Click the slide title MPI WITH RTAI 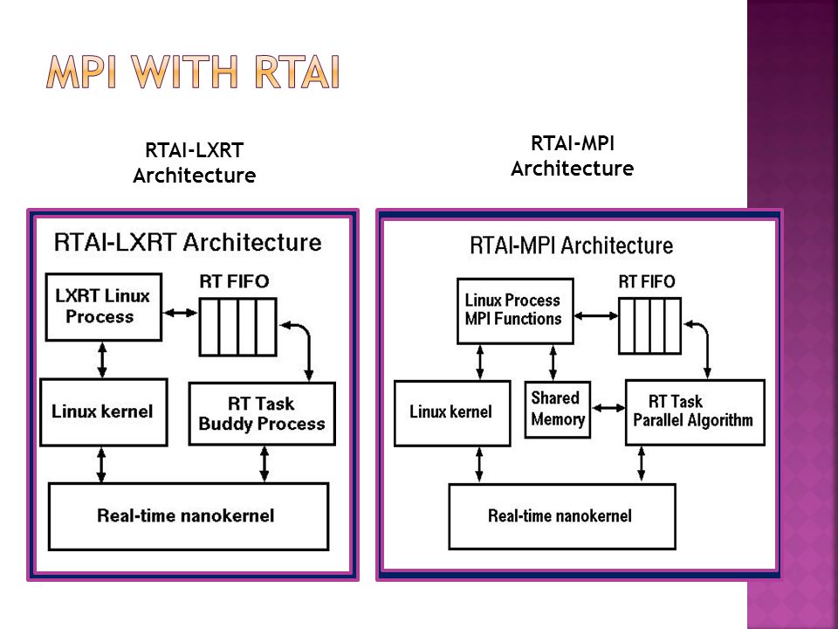[x=193, y=72]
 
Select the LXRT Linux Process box [x=104, y=307]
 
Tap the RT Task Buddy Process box [x=262, y=413]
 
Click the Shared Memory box [x=558, y=409]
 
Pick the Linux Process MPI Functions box [x=515, y=311]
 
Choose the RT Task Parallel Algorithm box [x=695, y=411]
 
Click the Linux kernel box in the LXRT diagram [x=104, y=411]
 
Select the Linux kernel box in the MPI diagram [x=452, y=413]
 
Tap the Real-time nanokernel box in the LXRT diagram [x=189, y=516]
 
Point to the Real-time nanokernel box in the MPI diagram [x=561, y=516]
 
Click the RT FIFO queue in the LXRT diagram [x=237, y=327]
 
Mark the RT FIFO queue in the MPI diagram [x=649, y=326]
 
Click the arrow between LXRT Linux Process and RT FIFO [x=180, y=313]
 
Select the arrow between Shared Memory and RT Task [x=608, y=408]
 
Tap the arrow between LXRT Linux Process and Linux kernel [x=102, y=360]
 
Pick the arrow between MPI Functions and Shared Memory [x=553, y=363]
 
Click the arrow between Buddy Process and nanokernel [x=264, y=464]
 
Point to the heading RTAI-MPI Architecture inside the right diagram [x=571, y=245]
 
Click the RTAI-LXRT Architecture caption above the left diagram [x=195, y=162]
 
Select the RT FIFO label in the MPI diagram [x=647, y=281]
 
